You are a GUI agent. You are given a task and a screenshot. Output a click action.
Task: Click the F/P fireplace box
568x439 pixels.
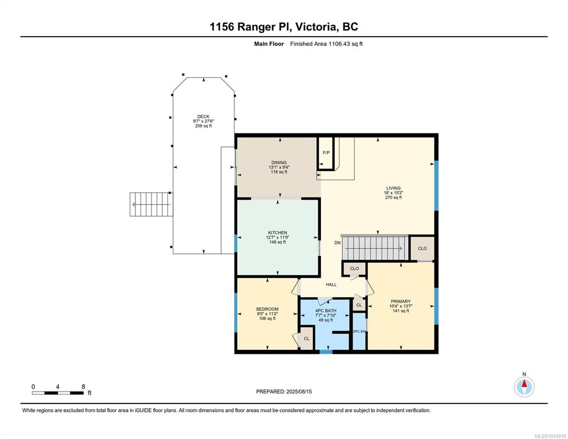326,153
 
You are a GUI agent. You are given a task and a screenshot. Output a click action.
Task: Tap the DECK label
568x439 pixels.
203,117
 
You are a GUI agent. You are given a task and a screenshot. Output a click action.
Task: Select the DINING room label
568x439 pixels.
279,162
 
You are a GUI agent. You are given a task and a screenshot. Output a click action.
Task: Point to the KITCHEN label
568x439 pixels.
278,233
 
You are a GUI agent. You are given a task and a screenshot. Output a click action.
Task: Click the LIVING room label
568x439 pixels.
393,188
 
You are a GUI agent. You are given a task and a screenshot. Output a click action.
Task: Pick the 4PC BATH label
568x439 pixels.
326,310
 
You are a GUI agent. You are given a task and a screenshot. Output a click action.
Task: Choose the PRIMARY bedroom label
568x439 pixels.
401,301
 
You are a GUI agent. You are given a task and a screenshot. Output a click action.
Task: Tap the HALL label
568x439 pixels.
331,285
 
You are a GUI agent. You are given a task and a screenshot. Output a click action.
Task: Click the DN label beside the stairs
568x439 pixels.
337,242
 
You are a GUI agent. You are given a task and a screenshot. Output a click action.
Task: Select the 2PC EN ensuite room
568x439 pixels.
359,332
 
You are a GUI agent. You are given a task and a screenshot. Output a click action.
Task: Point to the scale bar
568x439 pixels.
58,393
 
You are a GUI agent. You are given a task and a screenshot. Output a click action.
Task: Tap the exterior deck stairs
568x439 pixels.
151,205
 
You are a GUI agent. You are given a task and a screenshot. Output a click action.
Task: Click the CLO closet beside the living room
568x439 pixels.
422,248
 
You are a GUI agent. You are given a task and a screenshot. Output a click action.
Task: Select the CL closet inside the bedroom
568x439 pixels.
306,338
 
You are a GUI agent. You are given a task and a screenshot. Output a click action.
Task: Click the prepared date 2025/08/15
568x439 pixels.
299,392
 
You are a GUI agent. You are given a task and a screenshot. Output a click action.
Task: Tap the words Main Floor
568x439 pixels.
269,44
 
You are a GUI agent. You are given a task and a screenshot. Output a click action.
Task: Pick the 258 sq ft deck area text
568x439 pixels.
203,126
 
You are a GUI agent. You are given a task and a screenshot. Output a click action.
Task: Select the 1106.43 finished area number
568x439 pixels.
338,44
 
